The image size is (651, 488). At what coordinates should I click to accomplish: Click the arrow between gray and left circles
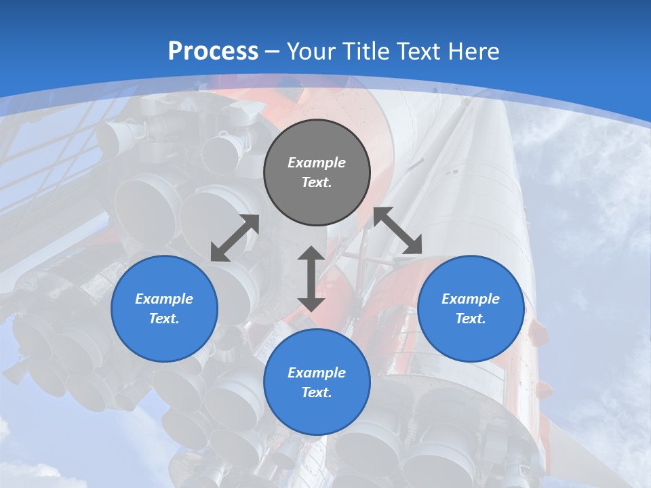coord(235,238)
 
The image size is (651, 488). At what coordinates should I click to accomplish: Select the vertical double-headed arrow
coord(311,279)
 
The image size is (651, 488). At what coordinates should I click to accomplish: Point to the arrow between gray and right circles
coord(398,230)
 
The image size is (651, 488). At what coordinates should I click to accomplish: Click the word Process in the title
coord(213,51)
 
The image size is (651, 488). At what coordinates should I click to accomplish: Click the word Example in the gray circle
coord(317,163)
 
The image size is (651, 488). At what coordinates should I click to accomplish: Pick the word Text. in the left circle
coord(164,319)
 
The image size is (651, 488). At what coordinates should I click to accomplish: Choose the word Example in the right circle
coord(471,299)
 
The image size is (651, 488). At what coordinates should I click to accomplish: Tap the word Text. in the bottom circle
coord(317,392)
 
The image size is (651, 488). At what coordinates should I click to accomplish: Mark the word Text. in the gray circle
coord(317,182)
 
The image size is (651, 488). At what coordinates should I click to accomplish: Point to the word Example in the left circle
coord(164,299)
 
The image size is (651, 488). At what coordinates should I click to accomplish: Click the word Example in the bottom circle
coord(317,373)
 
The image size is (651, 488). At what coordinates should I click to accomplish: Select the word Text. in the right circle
coord(471,319)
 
